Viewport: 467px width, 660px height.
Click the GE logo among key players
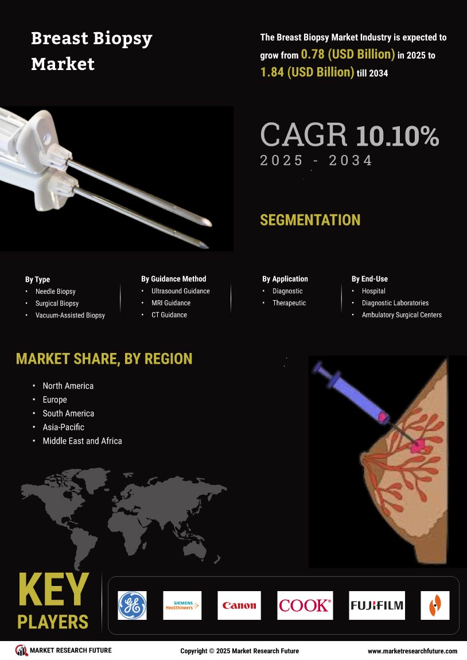[132, 605]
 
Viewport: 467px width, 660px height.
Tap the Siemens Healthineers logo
[182, 605]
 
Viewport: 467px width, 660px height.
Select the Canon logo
[239, 605]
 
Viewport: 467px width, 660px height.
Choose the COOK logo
[305, 605]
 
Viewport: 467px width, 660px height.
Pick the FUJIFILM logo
[377, 605]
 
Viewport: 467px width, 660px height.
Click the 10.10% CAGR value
[398, 136]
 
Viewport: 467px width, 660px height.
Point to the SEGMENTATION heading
[310, 220]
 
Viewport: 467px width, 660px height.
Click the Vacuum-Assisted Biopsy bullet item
[70, 315]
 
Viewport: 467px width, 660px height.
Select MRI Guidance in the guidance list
[171, 302]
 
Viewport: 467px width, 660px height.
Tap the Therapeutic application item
[289, 302]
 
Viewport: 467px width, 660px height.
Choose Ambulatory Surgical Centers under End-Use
[402, 315]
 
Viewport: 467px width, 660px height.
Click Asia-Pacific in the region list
[64, 427]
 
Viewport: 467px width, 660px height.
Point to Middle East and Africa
[83, 441]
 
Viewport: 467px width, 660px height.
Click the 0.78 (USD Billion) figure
[348, 55]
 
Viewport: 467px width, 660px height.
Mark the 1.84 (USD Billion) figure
[307, 72]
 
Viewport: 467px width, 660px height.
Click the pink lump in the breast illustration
[418, 445]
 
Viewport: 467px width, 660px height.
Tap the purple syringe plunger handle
[318, 367]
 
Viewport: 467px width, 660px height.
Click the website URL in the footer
[412, 651]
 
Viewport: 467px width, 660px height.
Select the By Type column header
[37, 279]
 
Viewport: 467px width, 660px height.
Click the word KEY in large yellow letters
[53, 589]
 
